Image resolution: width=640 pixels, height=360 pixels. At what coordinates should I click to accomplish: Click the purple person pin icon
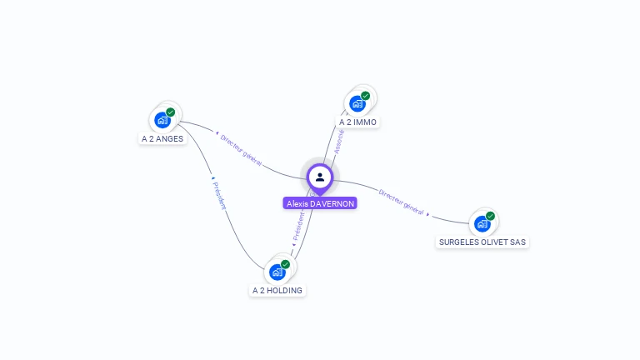[320, 177]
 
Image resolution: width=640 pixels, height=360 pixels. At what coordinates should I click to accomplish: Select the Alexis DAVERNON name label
[320, 203]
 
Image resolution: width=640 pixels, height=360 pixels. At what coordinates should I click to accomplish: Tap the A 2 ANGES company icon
[162, 119]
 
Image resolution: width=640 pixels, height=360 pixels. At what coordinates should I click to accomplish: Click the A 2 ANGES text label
[162, 139]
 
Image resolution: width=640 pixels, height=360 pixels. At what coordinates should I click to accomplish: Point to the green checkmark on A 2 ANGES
[171, 112]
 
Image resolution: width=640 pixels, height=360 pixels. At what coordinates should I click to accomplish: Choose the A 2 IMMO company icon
[357, 103]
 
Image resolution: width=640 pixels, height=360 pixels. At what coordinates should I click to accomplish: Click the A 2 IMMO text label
[357, 122]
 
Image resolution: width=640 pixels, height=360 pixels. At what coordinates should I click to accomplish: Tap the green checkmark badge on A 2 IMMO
[365, 96]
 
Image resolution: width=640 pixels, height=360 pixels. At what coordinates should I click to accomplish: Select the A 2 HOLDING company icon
[277, 272]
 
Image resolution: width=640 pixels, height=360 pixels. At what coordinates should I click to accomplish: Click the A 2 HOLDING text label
[278, 291]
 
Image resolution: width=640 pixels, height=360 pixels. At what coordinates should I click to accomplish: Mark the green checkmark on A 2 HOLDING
[285, 264]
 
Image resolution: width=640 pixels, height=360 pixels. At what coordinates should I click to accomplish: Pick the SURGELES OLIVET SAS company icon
[482, 223]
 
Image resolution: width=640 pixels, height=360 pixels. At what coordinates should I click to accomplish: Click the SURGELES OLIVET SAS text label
[482, 242]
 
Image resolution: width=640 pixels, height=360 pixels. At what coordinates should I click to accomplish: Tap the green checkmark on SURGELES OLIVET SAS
[490, 216]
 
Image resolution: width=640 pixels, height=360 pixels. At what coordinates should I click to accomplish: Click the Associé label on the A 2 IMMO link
[339, 141]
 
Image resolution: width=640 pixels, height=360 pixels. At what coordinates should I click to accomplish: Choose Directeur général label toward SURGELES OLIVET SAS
[401, 201]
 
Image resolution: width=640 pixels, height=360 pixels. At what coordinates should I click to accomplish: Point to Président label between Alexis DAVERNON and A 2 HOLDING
[298, 226]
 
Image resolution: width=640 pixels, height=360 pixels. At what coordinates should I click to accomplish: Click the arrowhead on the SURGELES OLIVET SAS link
[428, 214]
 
